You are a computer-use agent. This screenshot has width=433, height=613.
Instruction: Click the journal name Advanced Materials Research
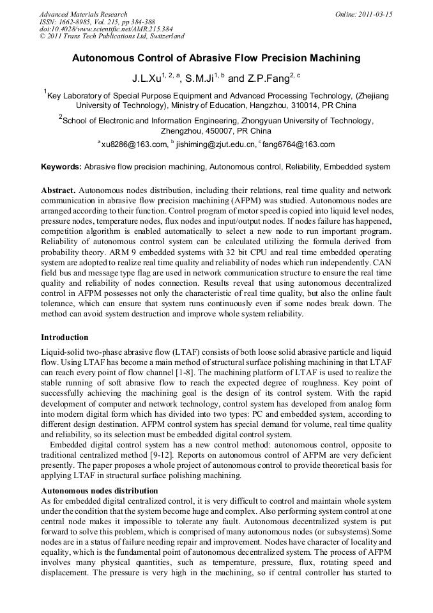[83, 14]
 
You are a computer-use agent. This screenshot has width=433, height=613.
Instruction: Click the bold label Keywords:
[61, 167]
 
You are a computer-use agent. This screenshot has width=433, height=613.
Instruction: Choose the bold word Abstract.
[59, 191]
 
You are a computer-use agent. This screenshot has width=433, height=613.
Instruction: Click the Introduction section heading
[65, 337]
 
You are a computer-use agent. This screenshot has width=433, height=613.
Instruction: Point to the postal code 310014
[301, 105]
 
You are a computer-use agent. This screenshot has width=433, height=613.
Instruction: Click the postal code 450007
[209, 130]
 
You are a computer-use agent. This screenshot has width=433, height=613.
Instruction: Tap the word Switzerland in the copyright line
[166, 37]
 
